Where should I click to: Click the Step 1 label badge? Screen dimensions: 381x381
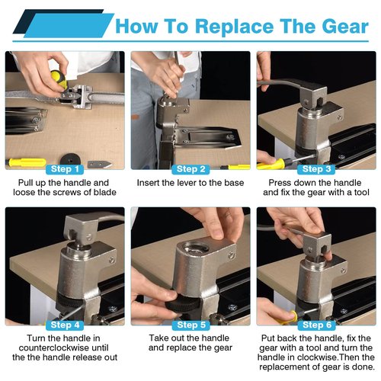point(65,169)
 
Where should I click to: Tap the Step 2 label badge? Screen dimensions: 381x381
point(190,169)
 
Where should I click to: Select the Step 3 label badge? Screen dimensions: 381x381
point(316,169)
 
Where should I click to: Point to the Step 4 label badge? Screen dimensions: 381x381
point(65,325)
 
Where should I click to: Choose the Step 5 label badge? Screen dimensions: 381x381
point(190,325)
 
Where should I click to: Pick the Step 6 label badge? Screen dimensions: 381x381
point(316,325)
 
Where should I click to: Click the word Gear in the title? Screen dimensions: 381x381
point(345,27)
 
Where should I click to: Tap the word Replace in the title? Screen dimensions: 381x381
point(235,27)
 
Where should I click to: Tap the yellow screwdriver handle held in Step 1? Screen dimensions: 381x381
point(59,78)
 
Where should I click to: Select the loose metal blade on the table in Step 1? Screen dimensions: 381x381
point(100,164)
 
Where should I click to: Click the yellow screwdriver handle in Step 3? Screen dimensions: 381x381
point(271,165)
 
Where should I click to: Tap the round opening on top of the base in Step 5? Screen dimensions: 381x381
point(196,247)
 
